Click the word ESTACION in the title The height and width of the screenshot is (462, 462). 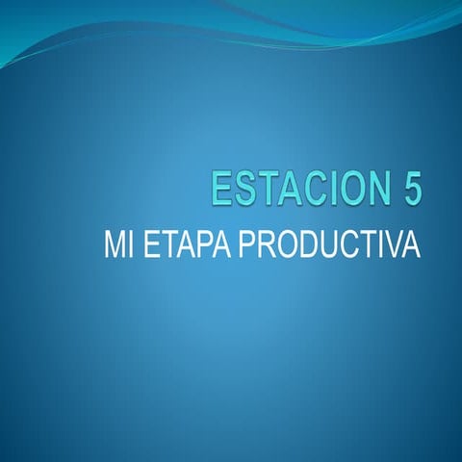pyautogui.click(x=294, y=189)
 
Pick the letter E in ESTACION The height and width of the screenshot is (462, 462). pyautogui.click(x=222, y=189)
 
